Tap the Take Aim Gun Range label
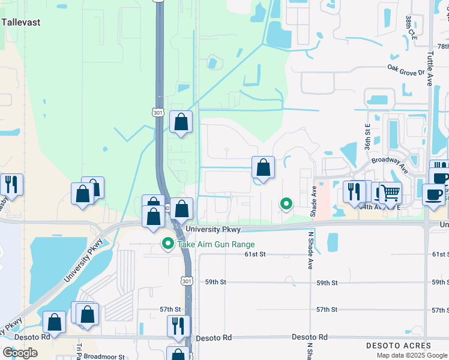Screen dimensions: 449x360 coord(215,244)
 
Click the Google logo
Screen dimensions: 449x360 coord(20,353)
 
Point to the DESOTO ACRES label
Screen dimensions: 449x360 coord(398,346)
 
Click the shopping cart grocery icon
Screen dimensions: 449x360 coord(390,193)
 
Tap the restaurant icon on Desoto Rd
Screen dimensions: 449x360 coord(178,326)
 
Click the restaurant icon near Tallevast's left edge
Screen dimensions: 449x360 coord(11,184)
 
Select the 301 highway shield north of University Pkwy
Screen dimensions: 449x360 coord(157,112)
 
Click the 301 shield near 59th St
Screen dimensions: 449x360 coord(187,281)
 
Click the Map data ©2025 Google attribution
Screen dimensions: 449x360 coord(412,355)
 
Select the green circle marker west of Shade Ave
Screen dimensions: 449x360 coord(286,204)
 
